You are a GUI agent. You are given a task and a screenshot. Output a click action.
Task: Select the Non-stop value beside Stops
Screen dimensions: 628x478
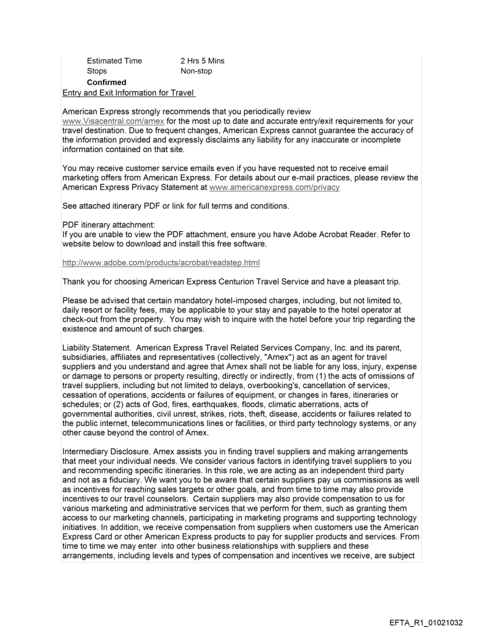(x=197, y=71)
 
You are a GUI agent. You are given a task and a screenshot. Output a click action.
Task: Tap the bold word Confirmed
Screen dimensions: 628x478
(x=106, y=83)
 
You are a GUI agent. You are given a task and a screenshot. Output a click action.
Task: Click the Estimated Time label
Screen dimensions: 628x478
(x=114, y=61)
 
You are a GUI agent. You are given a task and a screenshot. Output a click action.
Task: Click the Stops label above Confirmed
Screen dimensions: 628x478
(x=97, y=71)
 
